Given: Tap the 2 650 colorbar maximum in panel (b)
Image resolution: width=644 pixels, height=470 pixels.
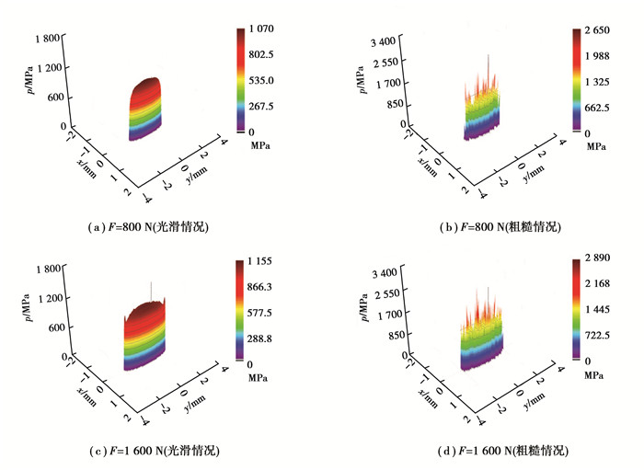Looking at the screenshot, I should [x=591, y=30].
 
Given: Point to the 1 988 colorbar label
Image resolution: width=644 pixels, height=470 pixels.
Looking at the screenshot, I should [x=591, y=56].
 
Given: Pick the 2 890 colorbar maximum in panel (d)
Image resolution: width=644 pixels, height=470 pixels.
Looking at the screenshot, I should [x=592, y=262].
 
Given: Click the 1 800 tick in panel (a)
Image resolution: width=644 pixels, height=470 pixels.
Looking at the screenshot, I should [x=47, y=38].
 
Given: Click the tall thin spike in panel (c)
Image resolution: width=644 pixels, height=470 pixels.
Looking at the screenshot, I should [x=152, y=287].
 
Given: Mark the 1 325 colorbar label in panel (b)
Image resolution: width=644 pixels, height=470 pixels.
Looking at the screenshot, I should [x=591, y=82].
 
